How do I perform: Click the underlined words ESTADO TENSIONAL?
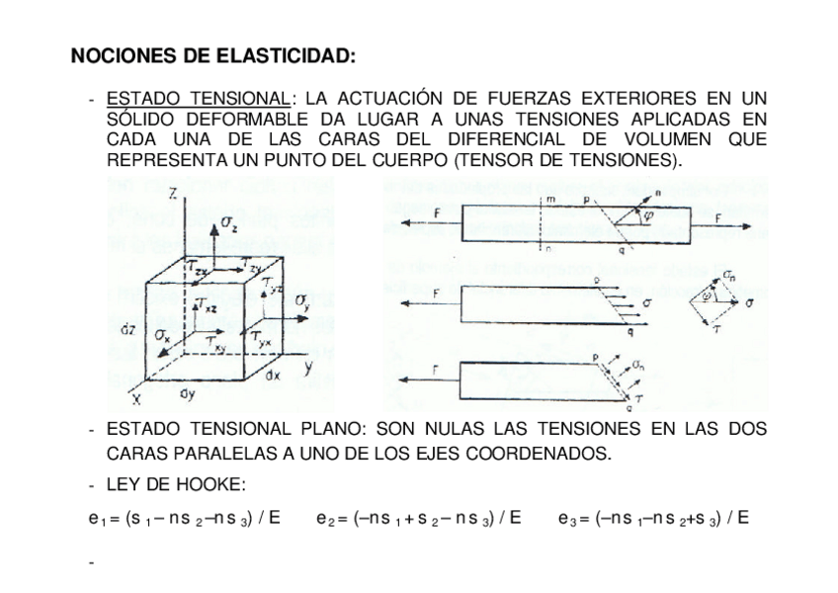coord(198,99)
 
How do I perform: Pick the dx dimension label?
coord(274,377)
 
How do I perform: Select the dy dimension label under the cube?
coord(187,394)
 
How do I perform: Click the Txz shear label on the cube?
coord(206,306)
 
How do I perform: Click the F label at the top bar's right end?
coord(718,216)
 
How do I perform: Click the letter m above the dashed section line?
coord(549,201)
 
